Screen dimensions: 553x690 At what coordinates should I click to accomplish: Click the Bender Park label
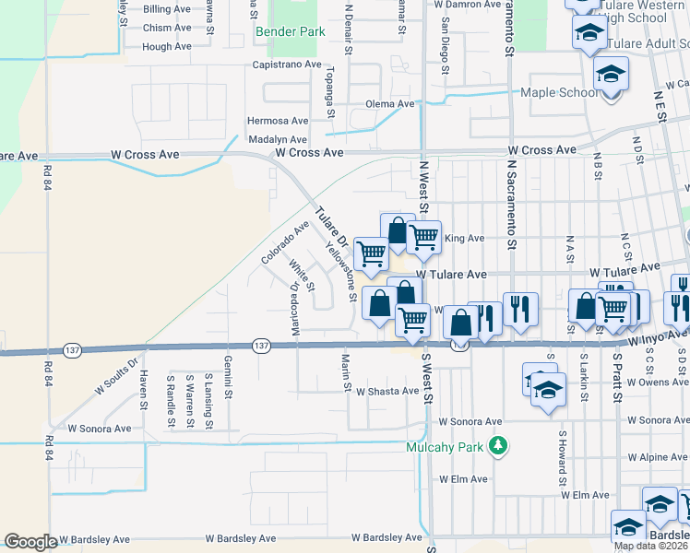tap(290, 32)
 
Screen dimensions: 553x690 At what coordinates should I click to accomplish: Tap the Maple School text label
tap(558, 93)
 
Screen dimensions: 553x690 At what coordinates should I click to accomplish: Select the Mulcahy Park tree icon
tap(498, 446)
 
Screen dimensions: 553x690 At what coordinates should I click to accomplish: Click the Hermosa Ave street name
tap(278, 121)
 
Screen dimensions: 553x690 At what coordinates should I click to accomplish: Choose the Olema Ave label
tap(390, 104)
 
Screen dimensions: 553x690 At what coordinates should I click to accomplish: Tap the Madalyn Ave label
tap(278, 139)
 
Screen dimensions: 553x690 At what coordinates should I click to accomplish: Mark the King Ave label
tap(464, 238)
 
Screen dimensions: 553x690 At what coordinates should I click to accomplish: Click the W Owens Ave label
tap(658, 382)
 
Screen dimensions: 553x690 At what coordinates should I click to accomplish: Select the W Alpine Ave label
tap(658, 457)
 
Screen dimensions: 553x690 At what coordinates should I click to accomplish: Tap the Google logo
tap(30, 542)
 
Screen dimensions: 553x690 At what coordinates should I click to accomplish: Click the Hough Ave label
tap(167, 46)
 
